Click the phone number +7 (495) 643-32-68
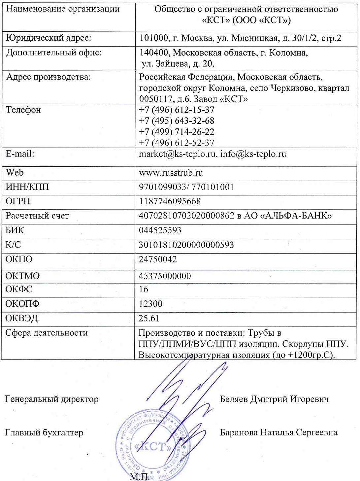click(x=177, y=121)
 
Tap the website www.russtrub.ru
click(x=171, y=173)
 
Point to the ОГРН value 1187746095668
click(x=170, y=201)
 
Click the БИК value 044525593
click(x=160, y=230)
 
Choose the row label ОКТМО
click(x=22, y=276)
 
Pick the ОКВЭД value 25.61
click(x=149, y=318)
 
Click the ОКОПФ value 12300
click(x=150, y=304)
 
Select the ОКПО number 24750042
click(x=158, y=259)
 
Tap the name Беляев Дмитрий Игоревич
click(x=274, y=399)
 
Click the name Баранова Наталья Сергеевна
click(x=278, y=432)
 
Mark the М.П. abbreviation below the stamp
click(x=139, y=476)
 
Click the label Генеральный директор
click(x=51, y=399)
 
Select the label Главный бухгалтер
click(x=44, y=432)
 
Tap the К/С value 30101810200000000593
click(x=186, y=245)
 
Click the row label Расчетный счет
click(x=37, y=216)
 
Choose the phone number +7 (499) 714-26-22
click(x=177, y=132)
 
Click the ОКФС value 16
click(x=144, y=289)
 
